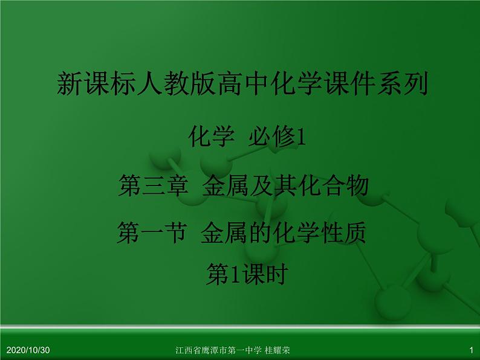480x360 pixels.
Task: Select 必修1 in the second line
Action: point(278,138)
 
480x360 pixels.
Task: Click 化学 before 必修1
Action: point(211,138)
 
